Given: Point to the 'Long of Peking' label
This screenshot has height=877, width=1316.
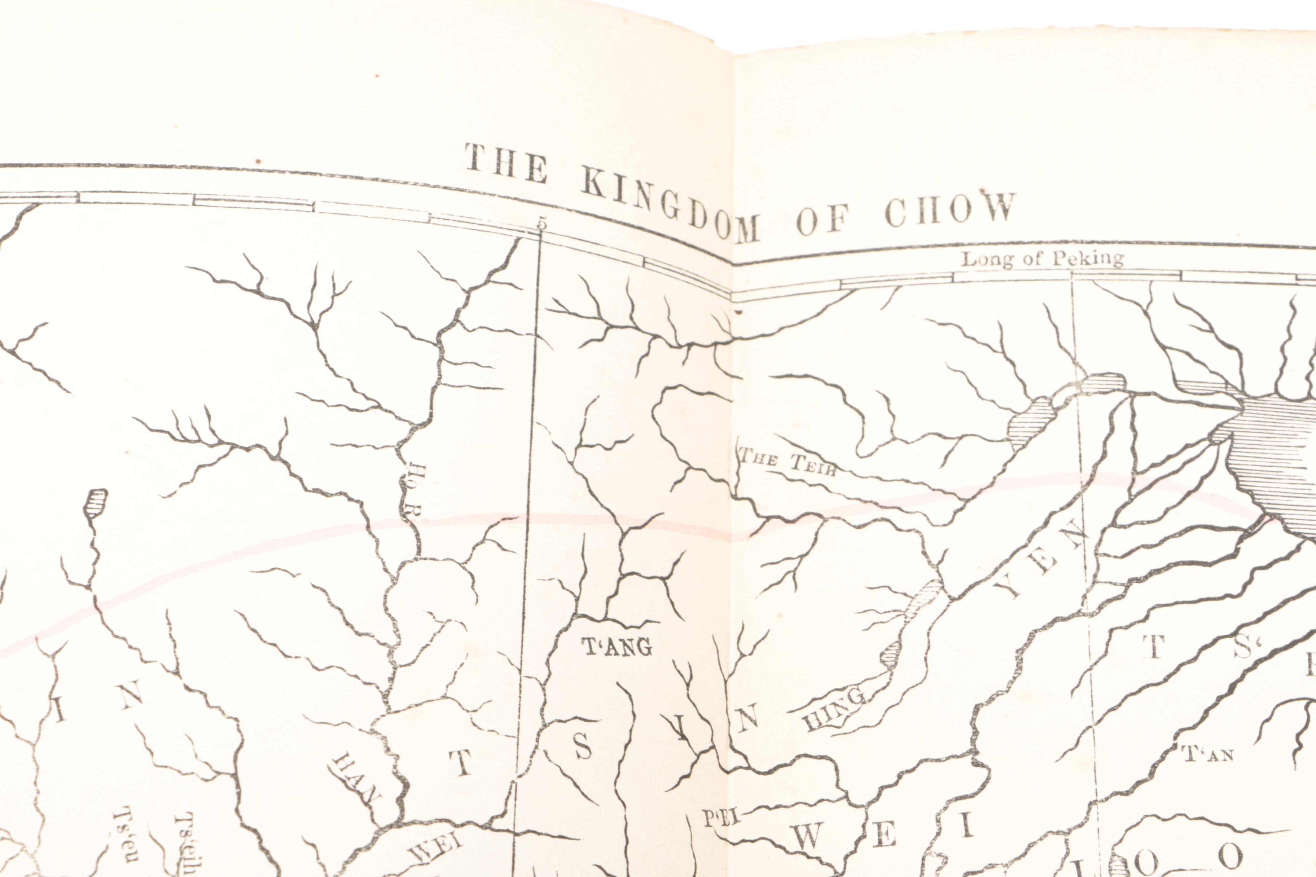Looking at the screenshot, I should pyautogui.click(x=1042, y=259).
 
